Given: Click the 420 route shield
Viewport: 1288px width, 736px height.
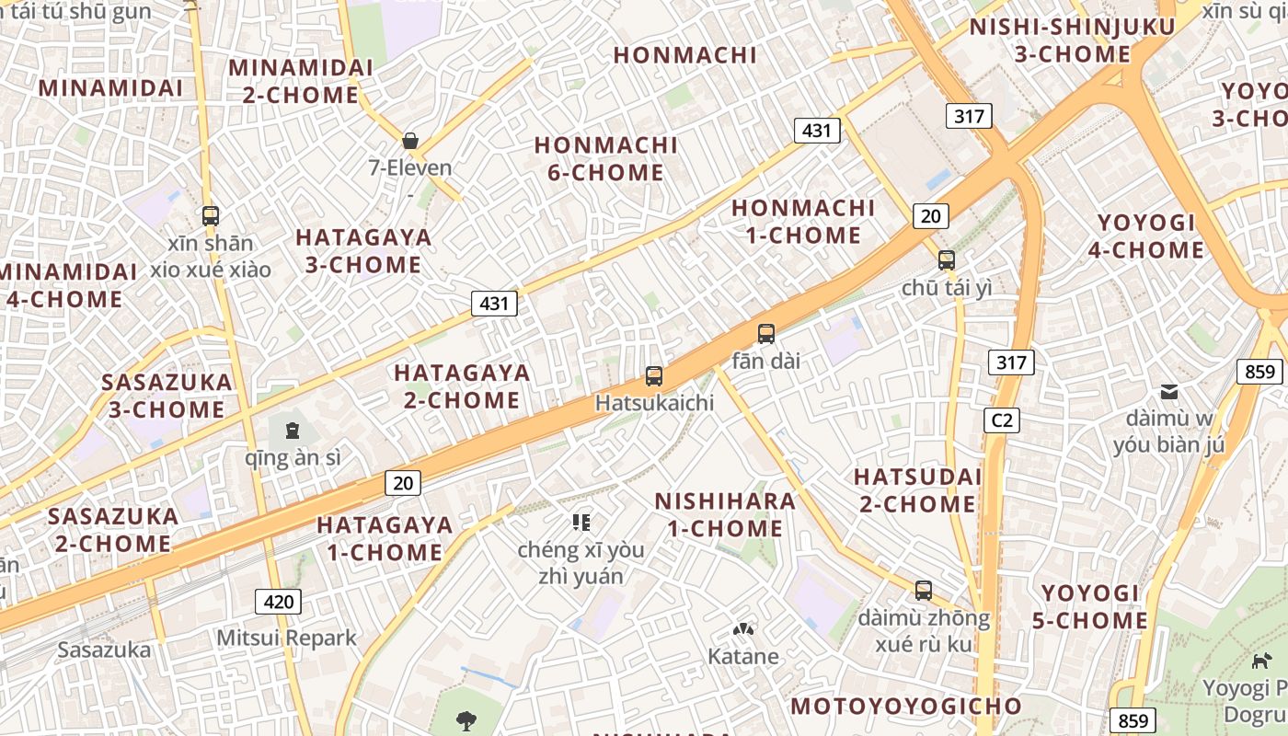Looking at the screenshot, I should coord(278,603).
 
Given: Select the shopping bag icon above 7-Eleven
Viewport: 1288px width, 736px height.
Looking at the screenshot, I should coord(410,141).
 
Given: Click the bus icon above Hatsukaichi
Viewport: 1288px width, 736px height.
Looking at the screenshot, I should coord(654,375).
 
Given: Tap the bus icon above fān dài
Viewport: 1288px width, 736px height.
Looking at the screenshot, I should coord(766,334).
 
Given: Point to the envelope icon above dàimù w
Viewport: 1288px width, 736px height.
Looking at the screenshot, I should coord(1169,392).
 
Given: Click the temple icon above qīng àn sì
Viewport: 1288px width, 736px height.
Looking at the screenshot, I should coord(292,429).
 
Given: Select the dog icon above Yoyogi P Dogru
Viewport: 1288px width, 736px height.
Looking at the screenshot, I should coord(1261,660).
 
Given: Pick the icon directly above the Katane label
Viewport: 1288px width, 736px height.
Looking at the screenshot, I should coord(742,630).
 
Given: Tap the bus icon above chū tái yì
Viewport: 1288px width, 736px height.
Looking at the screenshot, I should coord(947,260).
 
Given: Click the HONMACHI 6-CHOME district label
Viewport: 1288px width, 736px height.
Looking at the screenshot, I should coord(605,158).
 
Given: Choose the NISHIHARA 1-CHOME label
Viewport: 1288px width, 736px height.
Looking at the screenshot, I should coord(725,514).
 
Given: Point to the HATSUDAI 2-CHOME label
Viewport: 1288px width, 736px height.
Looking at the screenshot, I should coord(917,490).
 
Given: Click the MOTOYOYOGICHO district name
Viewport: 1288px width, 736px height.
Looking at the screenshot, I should coord(906,706).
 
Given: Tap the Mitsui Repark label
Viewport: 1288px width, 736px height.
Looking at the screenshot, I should coord(286,638).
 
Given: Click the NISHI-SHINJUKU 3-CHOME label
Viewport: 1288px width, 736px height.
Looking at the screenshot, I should coord(1072,40).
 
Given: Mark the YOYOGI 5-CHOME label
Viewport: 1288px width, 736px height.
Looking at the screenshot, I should coord(1090,606).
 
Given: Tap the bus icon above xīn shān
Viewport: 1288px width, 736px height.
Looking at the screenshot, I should coord(211,216).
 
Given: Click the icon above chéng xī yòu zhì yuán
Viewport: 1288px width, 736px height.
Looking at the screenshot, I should coord(581,523).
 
